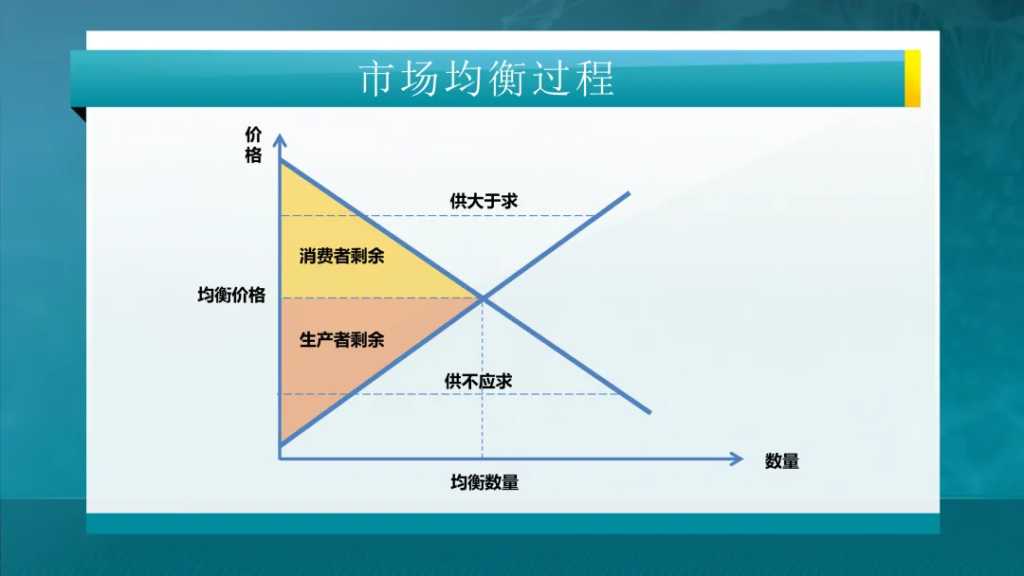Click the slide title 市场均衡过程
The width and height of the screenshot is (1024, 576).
(x=487, y=80)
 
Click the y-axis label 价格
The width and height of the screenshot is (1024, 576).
(x=253, y=145)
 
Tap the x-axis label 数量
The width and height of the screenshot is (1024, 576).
(x=781, y=461)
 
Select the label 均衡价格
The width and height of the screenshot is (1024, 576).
(x=231, y=295)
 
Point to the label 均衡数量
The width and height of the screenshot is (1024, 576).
(x=484, y=482)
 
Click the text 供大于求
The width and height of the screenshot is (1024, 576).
(x=484, y=201)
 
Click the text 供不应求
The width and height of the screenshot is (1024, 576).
(x=478, y=381)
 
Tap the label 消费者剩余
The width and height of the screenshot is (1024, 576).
(x=341, y=256)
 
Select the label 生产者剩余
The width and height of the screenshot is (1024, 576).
(x=341, y=339)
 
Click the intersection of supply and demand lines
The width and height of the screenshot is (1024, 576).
(x=483, y=298)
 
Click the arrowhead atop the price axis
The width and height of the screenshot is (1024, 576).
(x=280, y=139)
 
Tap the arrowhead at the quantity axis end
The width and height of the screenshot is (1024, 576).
(x=738, y=459)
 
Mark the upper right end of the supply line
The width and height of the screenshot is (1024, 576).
(x=629, y=194)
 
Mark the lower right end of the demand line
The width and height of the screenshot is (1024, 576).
(x=649, y=411)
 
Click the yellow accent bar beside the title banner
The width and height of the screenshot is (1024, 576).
(x=912, y=79)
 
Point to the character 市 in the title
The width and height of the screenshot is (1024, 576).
(x=375, y=80)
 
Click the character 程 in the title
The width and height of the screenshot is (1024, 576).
(x=597, y=80)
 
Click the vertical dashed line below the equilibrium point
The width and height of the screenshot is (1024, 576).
(x=483, y=379)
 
